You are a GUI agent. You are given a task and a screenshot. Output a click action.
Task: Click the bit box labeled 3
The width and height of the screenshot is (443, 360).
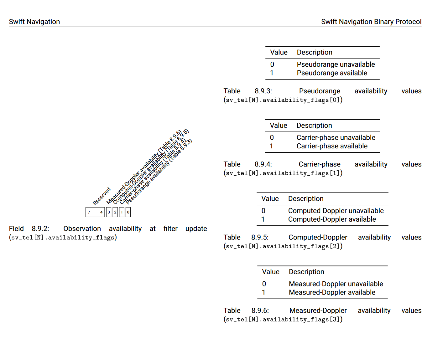(109, 212)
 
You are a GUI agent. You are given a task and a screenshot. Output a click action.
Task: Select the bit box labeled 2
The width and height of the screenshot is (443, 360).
(115, 212)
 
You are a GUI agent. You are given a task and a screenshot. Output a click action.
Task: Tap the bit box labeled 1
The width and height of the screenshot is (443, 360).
(122, 212)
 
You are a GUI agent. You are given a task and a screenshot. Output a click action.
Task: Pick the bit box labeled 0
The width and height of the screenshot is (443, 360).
(128, 212)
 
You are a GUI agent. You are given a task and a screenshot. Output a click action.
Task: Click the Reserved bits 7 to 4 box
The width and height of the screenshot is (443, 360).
(95, 212)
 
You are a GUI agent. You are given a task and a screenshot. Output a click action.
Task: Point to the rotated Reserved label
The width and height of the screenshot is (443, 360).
(102, 196)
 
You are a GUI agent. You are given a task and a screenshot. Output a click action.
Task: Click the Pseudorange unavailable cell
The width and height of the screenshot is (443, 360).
(336, 64)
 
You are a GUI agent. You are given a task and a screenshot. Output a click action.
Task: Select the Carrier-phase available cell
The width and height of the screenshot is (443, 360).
(332, 146)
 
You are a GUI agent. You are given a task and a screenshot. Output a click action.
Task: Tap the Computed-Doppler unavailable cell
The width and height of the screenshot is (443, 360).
(336, 211)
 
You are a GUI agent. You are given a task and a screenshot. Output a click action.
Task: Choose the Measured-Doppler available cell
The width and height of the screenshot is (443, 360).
(332, 292)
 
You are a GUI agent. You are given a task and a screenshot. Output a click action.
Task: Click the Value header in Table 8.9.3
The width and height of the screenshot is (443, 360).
(279, 52)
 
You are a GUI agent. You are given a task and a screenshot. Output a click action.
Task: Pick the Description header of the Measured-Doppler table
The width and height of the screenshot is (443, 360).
(306, 272)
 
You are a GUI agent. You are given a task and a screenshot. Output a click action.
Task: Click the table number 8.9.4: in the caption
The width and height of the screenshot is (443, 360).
(263, 164)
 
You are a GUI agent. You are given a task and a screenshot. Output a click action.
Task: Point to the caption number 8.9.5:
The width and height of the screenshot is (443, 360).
(260, 238)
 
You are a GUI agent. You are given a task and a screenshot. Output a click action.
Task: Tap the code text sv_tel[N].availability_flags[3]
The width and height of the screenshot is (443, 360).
(283, 319)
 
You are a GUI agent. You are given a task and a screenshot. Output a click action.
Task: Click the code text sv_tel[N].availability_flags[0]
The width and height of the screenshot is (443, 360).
(283, 100)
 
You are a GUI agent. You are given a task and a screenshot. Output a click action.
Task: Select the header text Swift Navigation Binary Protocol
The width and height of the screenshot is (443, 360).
(371, 22)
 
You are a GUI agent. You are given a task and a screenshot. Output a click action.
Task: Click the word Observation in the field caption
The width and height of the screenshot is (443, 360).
(82, 229)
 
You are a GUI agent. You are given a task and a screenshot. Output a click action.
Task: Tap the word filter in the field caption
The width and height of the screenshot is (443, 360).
(170, 229)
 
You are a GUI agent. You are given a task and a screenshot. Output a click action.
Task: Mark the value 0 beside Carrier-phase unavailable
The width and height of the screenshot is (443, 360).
(272, 138)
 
